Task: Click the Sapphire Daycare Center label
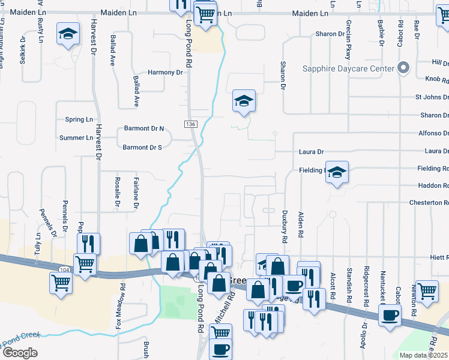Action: click(348, 68)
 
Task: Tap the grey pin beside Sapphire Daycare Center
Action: click(404, 68)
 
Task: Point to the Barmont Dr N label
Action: click(143, 128)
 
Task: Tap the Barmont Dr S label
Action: click(142, 147)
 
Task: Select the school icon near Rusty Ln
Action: click(68, 34)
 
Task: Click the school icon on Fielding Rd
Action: click(337, 173)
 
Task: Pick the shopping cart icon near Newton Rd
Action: click(427, 292)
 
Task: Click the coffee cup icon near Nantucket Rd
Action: click(390, 314)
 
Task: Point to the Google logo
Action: click(19, 353)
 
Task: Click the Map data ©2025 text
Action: click(424, 355)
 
